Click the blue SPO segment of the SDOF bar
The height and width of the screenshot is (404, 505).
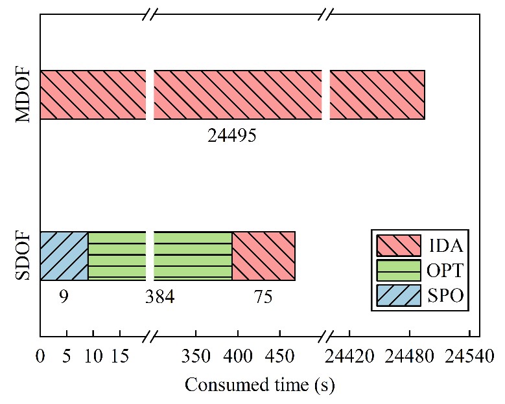[x=64, y=256]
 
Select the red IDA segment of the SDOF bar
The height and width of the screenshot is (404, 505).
[x=263, y=256]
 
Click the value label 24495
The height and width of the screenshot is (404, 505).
[x=232, y=136]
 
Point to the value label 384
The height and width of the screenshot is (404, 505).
[x=160, y=297]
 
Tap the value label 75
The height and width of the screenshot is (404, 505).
[x=263, y=297]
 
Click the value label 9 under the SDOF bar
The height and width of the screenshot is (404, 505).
[x=64, y=297]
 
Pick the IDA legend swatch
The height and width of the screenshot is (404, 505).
[x=396, y=245]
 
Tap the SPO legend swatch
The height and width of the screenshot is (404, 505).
[x=396, y=296]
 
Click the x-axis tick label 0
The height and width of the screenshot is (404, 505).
[x=40, y=357]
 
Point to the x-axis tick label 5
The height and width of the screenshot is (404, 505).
[x=67, y=357]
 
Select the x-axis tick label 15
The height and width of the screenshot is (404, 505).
[x=119, y=357]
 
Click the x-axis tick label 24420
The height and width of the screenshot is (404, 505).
[x=349, y=357]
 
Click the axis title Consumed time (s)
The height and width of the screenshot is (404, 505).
[x=259, y=385]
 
